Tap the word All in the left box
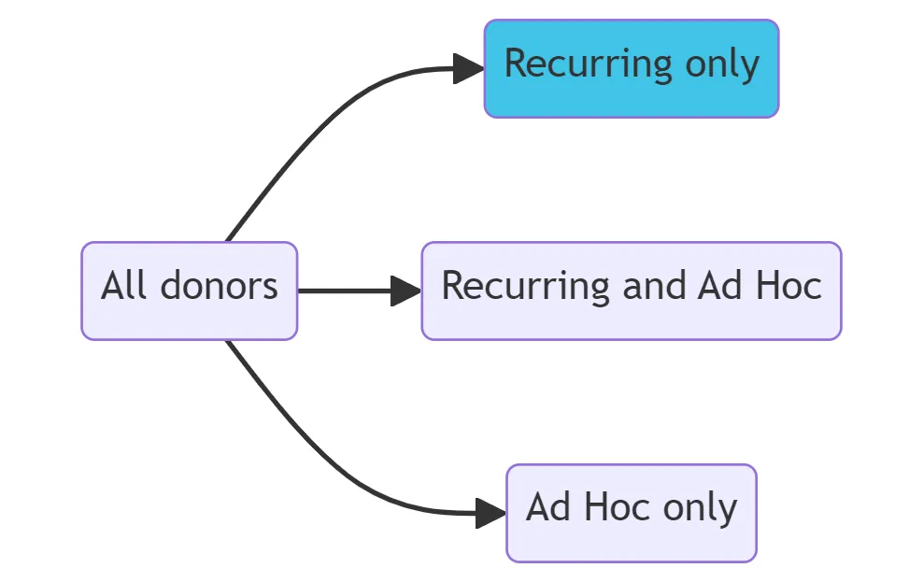(125, 286)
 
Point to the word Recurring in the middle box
(525, 286)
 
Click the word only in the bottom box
(700, 508)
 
